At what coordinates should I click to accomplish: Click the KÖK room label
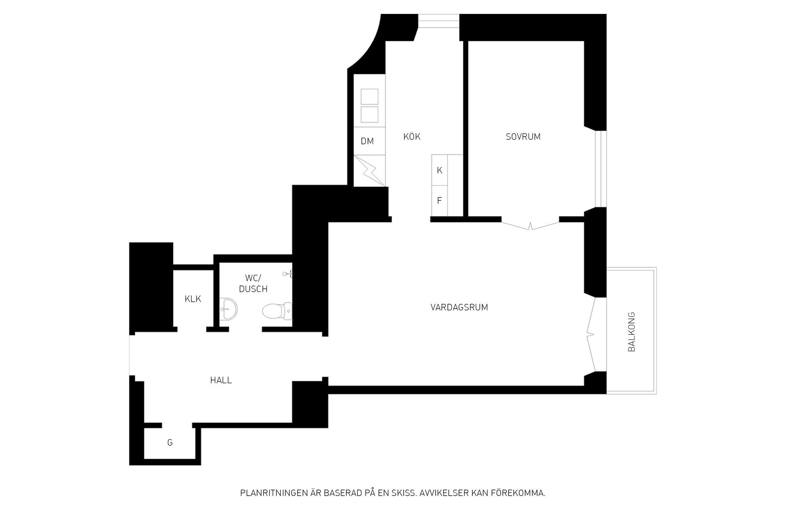pyautogui.click(x=412, y=137)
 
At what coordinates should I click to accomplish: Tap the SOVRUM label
pyautogui.click(x=523, y=137)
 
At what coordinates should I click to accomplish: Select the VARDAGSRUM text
pyautogui.click(x=459, y=308)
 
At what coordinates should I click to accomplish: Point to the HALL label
pyautogui.click(x=221, y=380)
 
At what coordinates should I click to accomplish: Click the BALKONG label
pyautogui.click(x=632, y=332)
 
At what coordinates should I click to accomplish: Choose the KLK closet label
pyautogui.click(x=193, y=299)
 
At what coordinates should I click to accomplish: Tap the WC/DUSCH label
pyautogui.click(x=253, y=284)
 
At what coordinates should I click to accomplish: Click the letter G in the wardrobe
pyautogui.click(x=170, y=442)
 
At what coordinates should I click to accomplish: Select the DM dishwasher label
pyautogui.click(x=367, y=141)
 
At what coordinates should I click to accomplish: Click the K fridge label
pyautogui.click(x=440, y=171)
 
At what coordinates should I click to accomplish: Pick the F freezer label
pyautogui.click(x=440, y=201)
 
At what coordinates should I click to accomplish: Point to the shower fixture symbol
pyautogui.click(x=288, y=274)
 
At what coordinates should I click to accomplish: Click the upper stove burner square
pyautogui.click(x=370, y=97)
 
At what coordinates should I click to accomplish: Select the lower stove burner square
pyautogui.click(x=370, y=115)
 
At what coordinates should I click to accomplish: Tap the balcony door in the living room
pyautogui.click(x=591, y=335)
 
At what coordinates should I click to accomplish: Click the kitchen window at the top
pyautogui.click(x=438, y=21)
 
